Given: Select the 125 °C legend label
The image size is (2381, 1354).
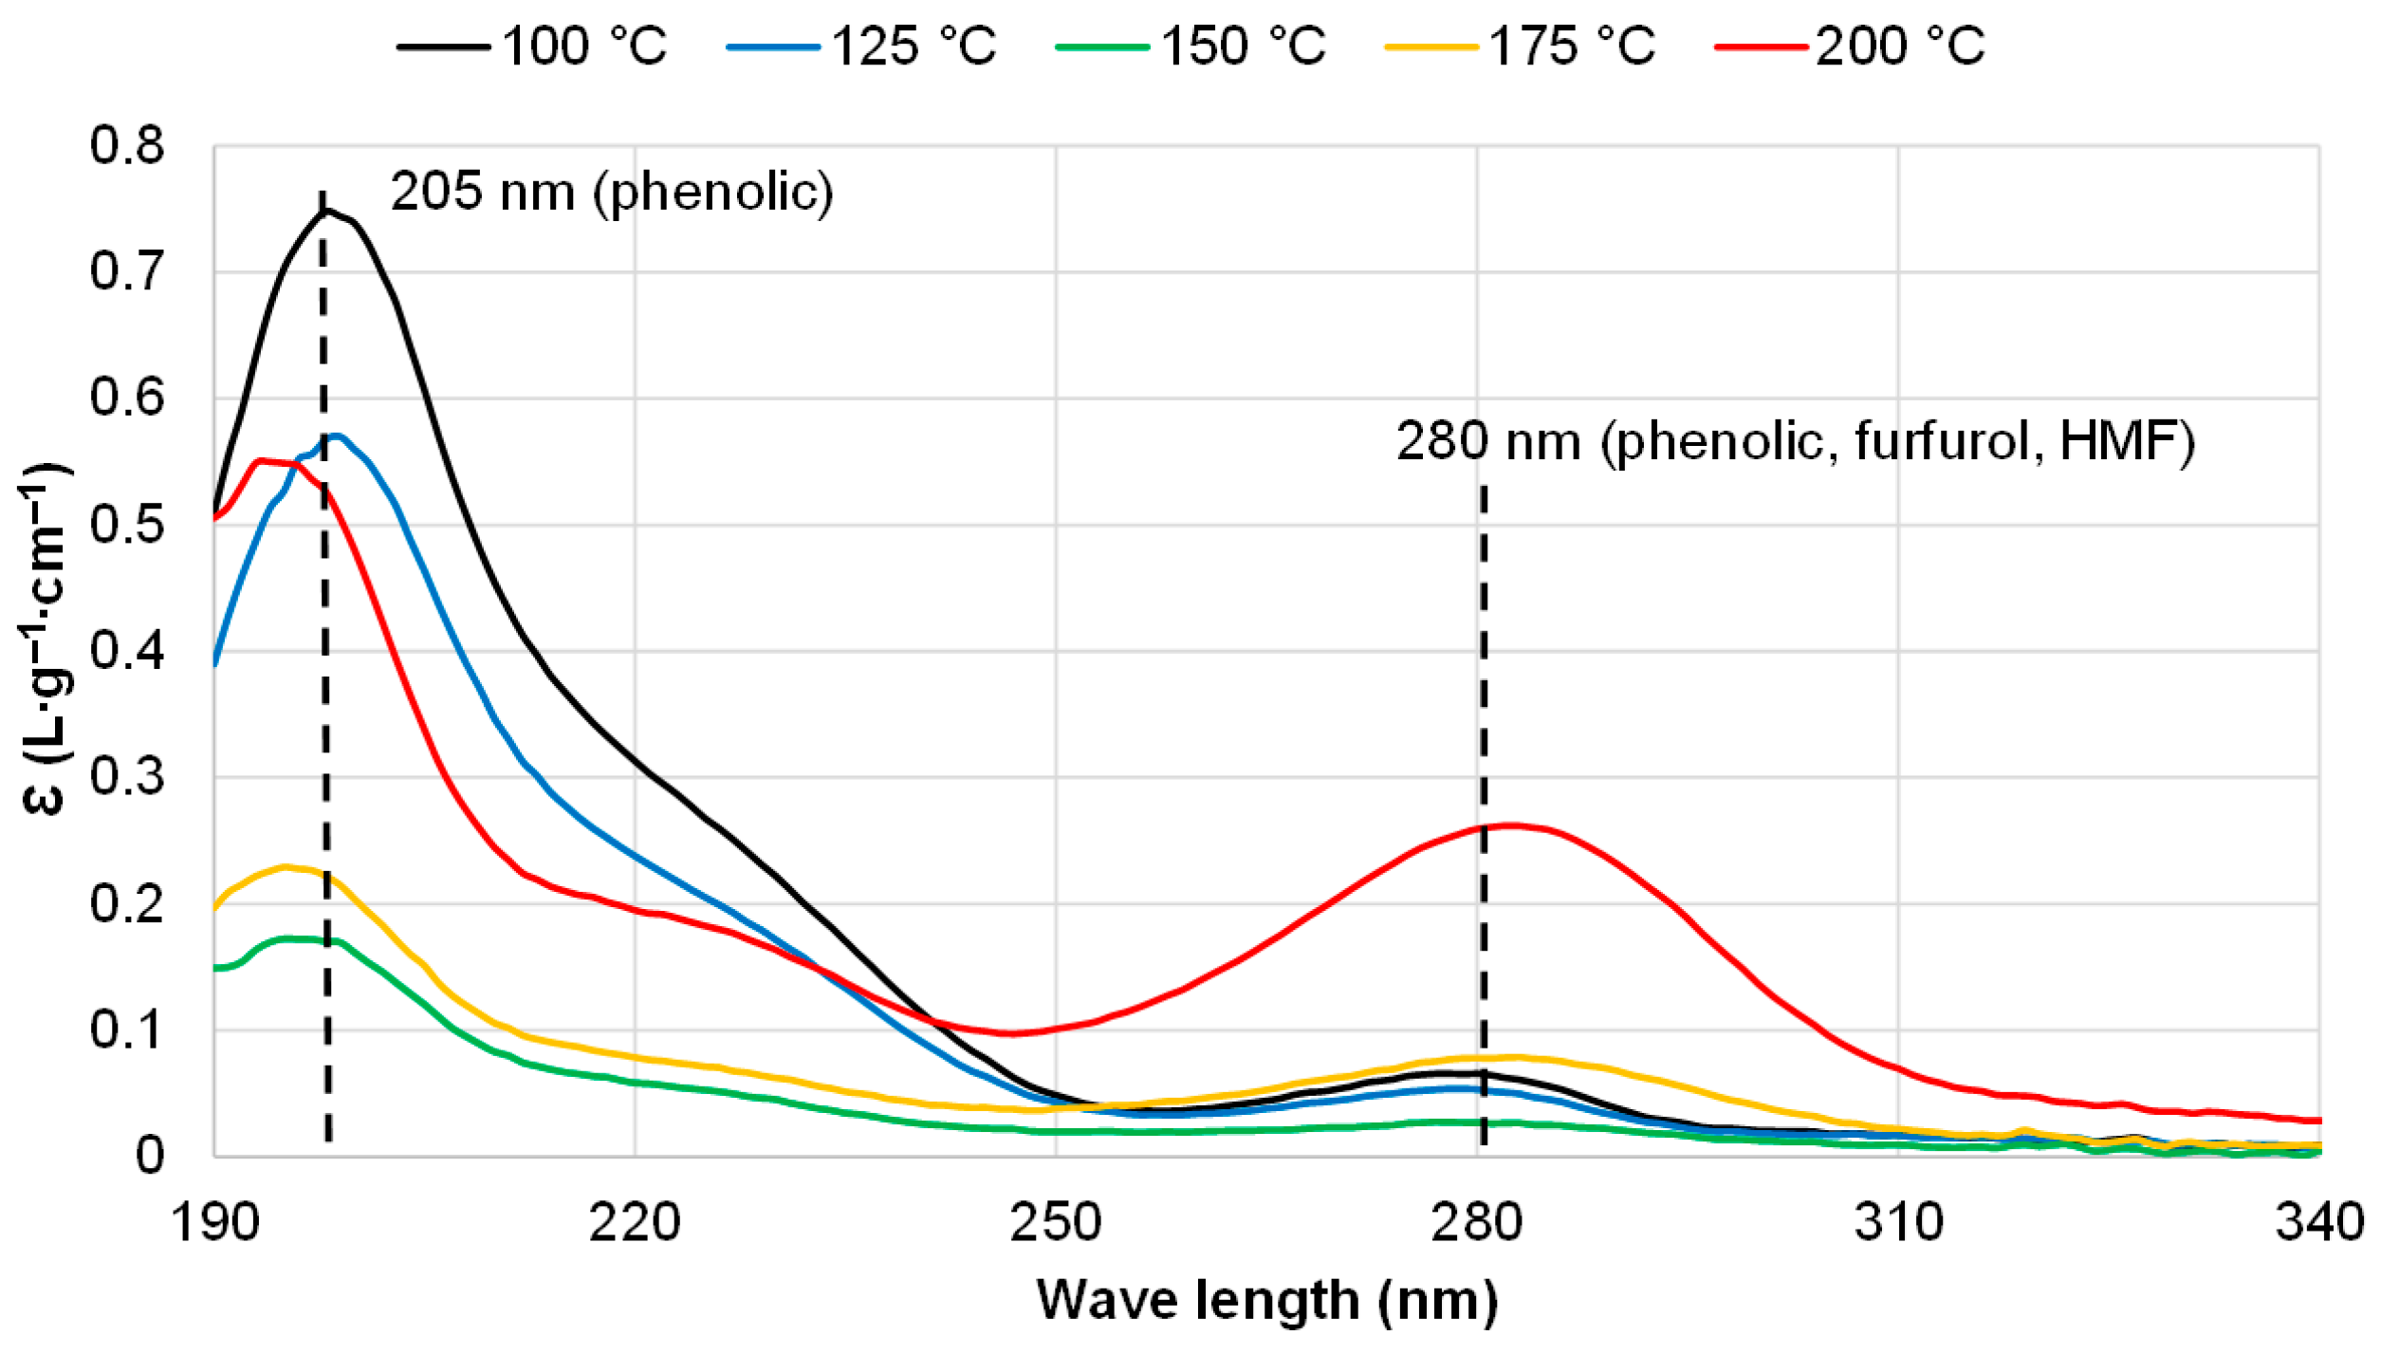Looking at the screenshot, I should (x=861, y=46).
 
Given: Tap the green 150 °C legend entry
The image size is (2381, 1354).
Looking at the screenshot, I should (x=1191, y=46).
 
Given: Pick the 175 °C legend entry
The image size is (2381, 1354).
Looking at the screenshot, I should (x=1520, y=46).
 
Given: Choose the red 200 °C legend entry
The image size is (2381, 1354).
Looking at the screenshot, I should (x=1850, y=46).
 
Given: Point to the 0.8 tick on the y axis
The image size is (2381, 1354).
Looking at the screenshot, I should (x=127, y=146).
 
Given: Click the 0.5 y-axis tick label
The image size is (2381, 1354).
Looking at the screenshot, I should (x=127, y=525).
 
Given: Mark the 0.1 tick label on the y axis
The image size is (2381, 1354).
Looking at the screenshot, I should (x=127, y=1029).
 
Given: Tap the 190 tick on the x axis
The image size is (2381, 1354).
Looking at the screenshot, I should (x=214, y=1224).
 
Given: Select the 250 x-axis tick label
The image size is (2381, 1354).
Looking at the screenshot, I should (x=1056, y=1224).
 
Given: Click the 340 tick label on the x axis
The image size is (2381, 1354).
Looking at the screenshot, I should (x=2318, y=1224).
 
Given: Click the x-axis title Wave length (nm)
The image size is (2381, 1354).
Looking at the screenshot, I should (x=1267, y=1301).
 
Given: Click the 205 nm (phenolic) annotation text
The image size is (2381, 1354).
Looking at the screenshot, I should (x=612, y=192).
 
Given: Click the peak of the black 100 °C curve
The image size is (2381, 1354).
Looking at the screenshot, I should (x=327, y=210).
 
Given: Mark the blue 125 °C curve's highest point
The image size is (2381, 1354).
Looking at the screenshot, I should (x=336, y=436).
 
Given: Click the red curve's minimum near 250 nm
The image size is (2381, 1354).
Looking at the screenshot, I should (x=1011, y=1033).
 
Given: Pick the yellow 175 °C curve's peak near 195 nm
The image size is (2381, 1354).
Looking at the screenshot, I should (x=284, y=866).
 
